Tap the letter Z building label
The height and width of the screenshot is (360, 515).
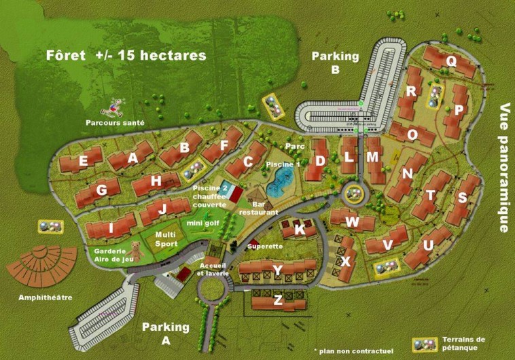point(277,300)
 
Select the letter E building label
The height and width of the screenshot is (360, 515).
point(83,162)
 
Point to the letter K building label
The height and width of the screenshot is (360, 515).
point(300,230)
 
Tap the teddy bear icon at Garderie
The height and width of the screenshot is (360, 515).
point(136,250)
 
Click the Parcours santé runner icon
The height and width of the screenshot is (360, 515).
point(117,107)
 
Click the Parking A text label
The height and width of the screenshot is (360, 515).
point(166,333)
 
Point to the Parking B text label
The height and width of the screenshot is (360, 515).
point(335,62)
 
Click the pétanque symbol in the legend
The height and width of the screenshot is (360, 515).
point(425,344)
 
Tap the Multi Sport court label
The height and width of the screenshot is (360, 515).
point(166,239)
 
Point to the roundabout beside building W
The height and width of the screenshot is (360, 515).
point(353,194)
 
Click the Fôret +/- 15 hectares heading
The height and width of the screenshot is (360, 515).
point(126,56)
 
